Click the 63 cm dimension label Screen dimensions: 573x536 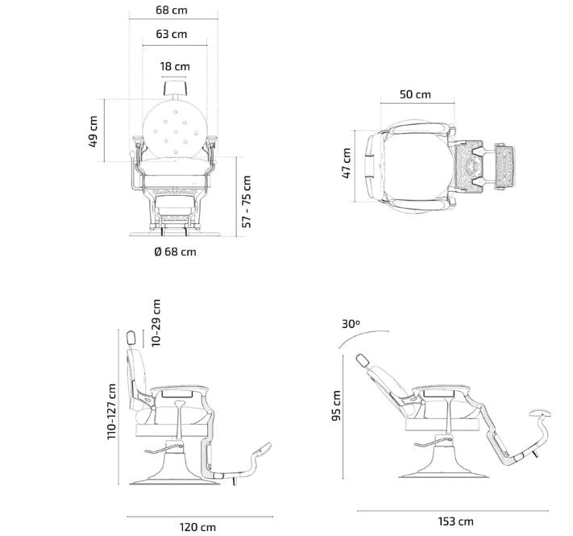point(172,34)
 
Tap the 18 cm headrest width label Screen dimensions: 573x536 point(175,67)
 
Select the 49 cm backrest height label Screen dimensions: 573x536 point(93,131)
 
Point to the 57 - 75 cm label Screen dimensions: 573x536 point(247,202)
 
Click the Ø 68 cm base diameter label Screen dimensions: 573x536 point(175,251)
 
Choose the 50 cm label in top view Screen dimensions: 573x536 point(415,94)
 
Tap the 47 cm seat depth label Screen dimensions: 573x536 point(346,163)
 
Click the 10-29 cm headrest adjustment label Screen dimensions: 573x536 point(156,323)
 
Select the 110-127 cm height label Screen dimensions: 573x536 point(111,411)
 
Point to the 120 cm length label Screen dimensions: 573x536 point(197,527)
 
